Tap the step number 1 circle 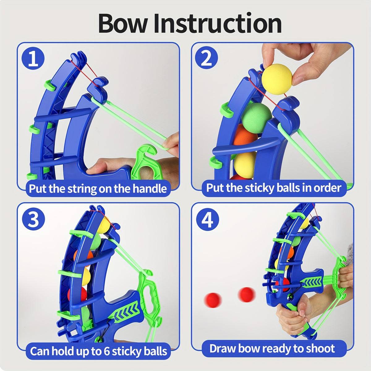[x=33, y=58]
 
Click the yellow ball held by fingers [x=277, y=79]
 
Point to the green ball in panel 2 [x=256, y=118]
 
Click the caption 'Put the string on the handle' [x=98, y=189]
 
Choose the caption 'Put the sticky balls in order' [x=274, y=188]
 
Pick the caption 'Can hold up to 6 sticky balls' [x=98, y=351]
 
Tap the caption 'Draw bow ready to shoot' [x=272, y=348]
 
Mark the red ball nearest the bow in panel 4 [x=247, y=294]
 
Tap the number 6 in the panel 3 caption [x=107, y=351]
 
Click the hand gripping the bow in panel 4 [x=292, y=315]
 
